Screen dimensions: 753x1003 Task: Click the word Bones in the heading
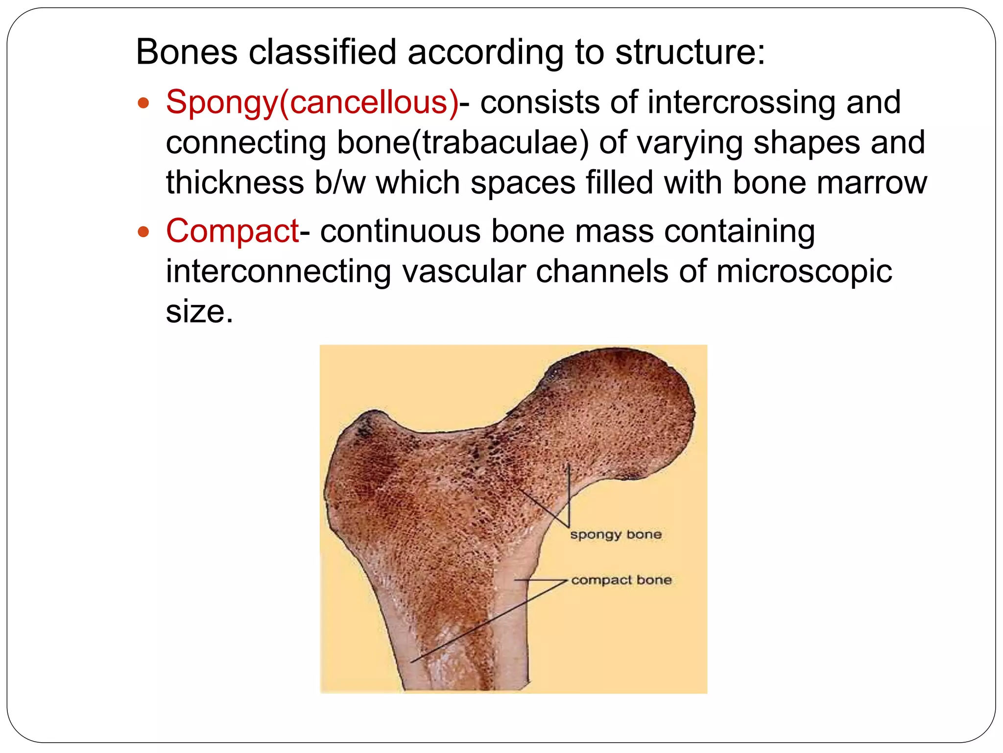pyautogui.click(x=187, y=51)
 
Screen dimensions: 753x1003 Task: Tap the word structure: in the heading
pyautogui.click(x=690, y=51)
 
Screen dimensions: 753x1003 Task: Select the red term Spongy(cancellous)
pyautogui.click(x=312, y=102)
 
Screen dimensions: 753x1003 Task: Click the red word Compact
pyautogui.click(x=232, y=230)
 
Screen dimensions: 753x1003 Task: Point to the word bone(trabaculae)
pyautogui.click(x=462, y=143)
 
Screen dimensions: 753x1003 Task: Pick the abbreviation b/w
pyautogui.click(x=340, y=183)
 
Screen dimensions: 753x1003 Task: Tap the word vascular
pyautogui.click(x=464, y=271)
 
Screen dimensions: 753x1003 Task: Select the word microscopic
pyautogui.click(x=804, y=271)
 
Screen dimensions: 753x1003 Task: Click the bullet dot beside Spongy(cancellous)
pyautogui.click(x=143, y=103)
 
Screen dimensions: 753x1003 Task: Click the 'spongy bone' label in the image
pyautogui.click(x=616, y=534)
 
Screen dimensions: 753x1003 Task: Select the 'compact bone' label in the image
pyautogui.click(x=621, y=580)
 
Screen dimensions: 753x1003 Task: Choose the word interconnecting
pyautogui.click(x=278, y=271)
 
